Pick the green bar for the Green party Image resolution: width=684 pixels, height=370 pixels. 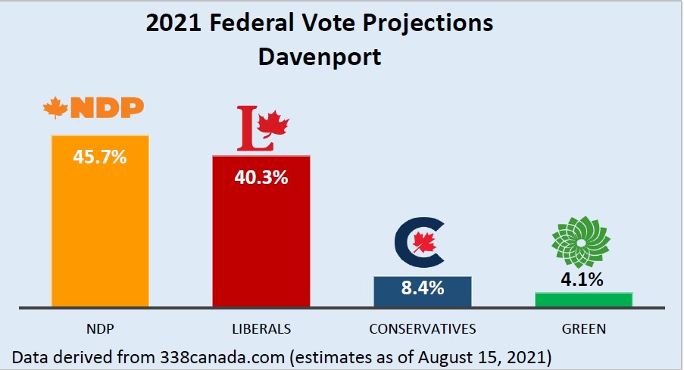(583, 300)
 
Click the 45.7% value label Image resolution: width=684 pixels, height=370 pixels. (99, 158)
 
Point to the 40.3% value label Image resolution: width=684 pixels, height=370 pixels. (261, 179)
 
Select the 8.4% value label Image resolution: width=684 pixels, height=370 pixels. (422, 288)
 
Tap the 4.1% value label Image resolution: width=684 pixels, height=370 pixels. (583, 279)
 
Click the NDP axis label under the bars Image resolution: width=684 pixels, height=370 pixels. (99, 329)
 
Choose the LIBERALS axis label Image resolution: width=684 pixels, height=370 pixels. (261, 329)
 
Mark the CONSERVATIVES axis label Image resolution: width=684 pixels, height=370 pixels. (422, 329)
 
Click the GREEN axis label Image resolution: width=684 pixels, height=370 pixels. (584, 329)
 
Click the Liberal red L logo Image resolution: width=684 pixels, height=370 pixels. (262, 128)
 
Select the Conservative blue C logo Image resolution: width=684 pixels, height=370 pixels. (421, 242)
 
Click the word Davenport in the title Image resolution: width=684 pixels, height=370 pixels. (320, 57)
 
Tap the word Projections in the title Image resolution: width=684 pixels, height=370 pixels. (430, 24)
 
